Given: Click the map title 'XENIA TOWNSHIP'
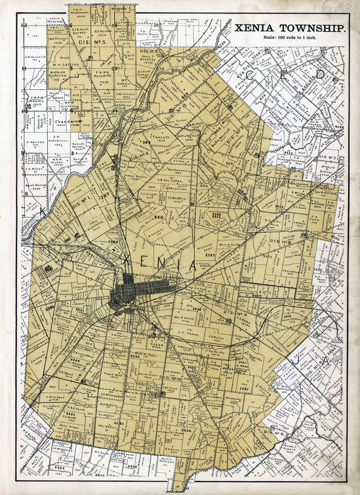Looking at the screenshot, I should [x=290, y=29].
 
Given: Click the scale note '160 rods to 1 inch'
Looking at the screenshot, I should [x=290, y=38].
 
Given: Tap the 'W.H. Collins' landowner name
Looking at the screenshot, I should [x=64, y=65].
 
